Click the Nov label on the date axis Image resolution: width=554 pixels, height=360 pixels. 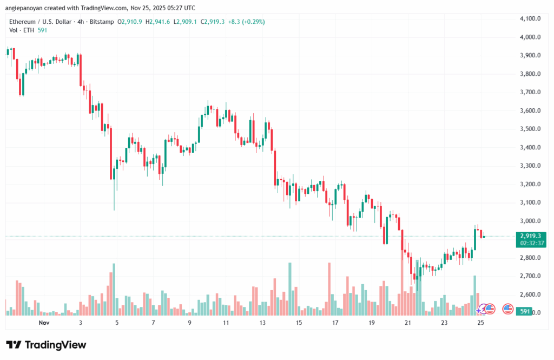pos(44,322)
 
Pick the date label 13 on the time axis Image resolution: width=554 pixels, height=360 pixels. pos(262,322)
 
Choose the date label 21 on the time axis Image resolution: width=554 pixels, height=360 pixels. pos(407,322)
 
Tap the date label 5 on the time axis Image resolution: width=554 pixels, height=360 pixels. pos(117,322)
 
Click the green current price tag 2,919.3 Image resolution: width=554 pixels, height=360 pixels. pos(530,236)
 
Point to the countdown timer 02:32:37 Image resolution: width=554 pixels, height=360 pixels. pos(530,244)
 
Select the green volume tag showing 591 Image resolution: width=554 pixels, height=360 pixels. pos(524,312)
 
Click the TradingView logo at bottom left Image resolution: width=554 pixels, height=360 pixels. pos(46,345)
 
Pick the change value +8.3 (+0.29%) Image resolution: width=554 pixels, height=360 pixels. pos(247,22)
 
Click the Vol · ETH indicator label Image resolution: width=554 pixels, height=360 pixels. pos(21,30)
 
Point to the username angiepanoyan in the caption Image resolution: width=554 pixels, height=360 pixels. pos(27,8)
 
